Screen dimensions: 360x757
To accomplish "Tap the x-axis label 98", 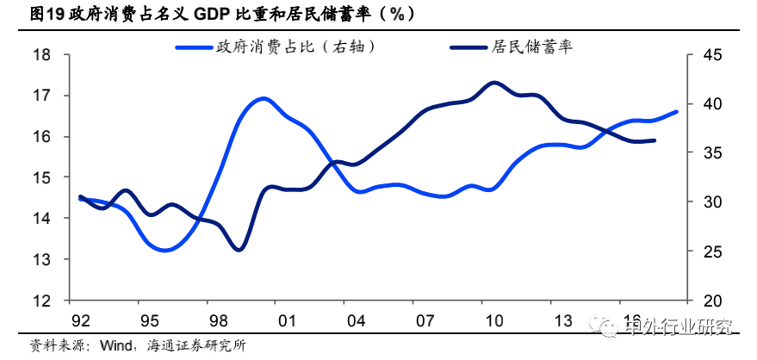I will [x=219, y=322].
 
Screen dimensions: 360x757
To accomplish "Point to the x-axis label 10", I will [x=493, y=322].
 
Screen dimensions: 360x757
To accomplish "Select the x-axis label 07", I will [x=425, y=322].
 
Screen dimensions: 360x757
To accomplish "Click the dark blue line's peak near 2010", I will [x=493, y=83].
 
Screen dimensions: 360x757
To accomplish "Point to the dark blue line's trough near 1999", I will [x=239, y=250].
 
